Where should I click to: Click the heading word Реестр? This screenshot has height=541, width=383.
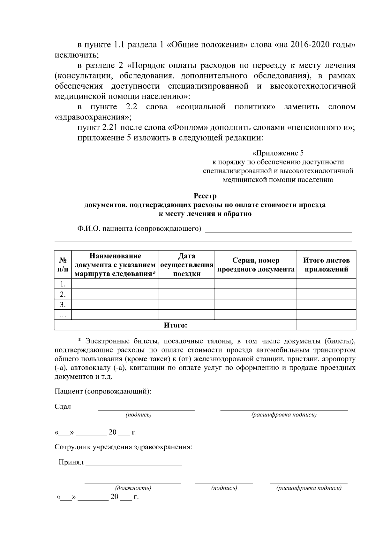click(205, 196)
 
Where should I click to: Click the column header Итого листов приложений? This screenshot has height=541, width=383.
click(326, 265)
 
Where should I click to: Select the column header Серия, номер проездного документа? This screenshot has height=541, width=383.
click(256, 265)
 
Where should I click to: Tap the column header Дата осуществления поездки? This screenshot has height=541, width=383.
click(187, 265)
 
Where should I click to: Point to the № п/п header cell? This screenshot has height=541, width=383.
click(63, 265)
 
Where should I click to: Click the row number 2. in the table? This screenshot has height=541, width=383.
click(63, 294)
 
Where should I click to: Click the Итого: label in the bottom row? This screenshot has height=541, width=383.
click(175, 325)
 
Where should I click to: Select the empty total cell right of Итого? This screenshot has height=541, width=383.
click(326, 325)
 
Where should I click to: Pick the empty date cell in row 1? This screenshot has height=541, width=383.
click(187, 284)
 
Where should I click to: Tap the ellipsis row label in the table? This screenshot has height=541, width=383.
click(63, 315)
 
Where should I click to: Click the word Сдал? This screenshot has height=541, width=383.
click(63, 407)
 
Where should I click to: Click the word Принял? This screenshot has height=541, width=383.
click(71, 462)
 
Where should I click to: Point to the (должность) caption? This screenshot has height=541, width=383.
click(133, 488)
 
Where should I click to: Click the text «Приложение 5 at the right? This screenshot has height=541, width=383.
click(278, 153)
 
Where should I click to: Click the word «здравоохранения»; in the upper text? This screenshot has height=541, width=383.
click(93, 117)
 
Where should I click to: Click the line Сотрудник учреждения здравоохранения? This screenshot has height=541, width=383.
click(124, 447)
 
